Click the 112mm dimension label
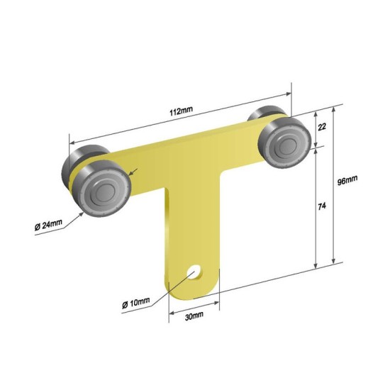tap(181, 111)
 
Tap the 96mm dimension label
tap(347, 180)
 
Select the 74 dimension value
tap(322, 206)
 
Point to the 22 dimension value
tap(322, 127)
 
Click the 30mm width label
tap(194, 316)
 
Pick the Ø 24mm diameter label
tap(48, 225)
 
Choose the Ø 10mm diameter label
tap(136, 303)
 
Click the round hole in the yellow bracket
tap(195, 272)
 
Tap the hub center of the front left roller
tap(105, 192)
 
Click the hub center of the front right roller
tap(288, 145)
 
